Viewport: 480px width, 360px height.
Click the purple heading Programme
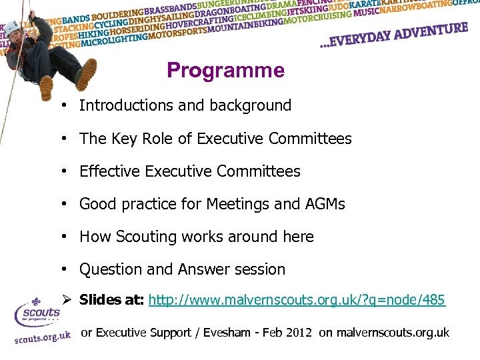click(x=225, y=70)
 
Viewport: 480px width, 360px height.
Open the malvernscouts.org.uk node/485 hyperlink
click(x=297, y=300)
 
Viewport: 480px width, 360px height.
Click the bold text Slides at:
click(x=111, y=300)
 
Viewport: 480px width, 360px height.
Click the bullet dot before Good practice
click(x=61, y=204)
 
